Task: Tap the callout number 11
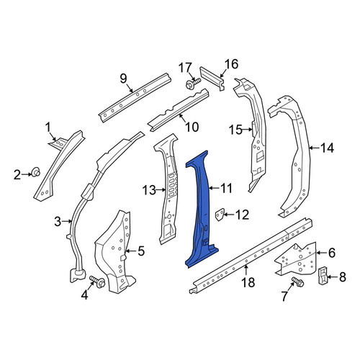pyautogui.click(x=226, y=188)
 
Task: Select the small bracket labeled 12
pyautogui.click(x=220, y=215)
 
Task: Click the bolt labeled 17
pyautogui.click(x=193, y=84)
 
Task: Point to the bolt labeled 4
pyautogui.click(x=97, y=282)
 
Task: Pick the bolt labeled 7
pyautogui.click(x=297, y=282)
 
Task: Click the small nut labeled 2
pyautogui.click(x=36, y=172)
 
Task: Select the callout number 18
pyautogui.click(x=248, y=282)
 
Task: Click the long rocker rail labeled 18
pyautogui.click(x=250, y=256)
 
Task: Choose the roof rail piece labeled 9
pyautogui.click(x=135, y=97)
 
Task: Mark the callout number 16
pyautogui.click(x=231, y=64)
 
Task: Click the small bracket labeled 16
pyautogui.click(x=212, y=78)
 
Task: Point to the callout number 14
pyautogui.click(x=328, y=148)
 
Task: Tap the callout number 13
pyautogui.click(x=149, y=190)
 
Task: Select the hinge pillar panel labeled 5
pyautogui.click(x=114, y=252)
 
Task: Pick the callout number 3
pyautogui.click(x=58, y=222)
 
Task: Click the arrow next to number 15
pyautogui.click(x=247, y=130)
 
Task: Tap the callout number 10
pyautogui.click(x=192, y=127)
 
